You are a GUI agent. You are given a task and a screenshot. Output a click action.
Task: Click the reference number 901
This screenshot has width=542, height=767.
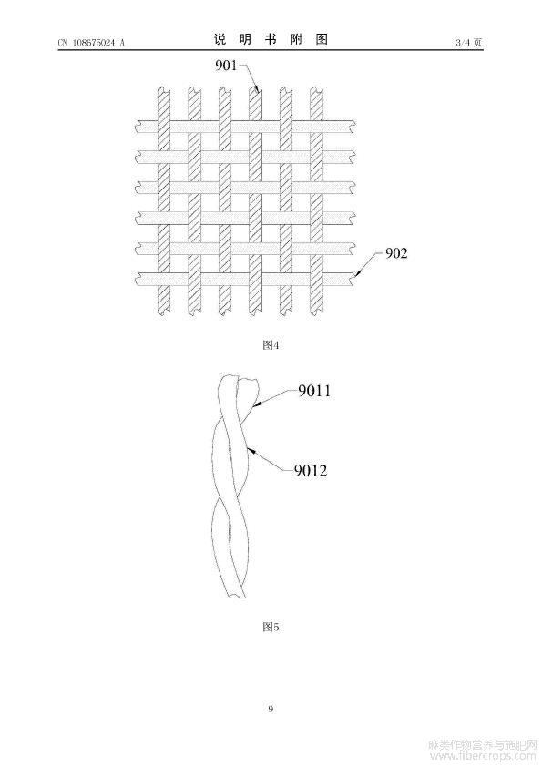[x=226, y=66]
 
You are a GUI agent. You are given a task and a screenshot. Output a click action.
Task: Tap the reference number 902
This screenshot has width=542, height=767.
[x=396, y=253]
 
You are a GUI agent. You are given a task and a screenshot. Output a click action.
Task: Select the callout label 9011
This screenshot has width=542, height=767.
[x=314, y=391]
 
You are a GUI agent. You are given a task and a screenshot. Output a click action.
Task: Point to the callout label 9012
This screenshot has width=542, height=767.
[x=310, y=471]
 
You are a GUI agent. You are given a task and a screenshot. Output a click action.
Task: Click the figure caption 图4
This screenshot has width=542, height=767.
[x=271, y=345]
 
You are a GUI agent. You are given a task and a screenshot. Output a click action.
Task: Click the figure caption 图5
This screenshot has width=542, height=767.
[x=271, y=627]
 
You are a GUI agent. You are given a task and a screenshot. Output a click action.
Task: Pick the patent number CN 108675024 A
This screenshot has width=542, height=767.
[x=91, y=43]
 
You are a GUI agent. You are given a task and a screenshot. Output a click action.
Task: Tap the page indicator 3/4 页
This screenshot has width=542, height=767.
[x=468, y=43]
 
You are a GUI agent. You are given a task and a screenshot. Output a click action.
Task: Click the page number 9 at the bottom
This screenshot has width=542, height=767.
[x=271, y=709]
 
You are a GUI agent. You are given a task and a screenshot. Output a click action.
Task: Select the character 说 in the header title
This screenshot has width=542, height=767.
[x=220, y=39]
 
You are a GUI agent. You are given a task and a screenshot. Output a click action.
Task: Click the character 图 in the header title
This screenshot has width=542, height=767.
[x=322, y=39]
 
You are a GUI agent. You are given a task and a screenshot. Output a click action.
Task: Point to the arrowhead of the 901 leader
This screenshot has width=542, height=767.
[x=257, y=90]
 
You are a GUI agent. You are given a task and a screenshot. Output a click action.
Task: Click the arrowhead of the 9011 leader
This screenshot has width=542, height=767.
[x=256, y=405]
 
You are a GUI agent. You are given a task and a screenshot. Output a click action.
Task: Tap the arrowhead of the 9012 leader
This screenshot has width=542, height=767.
[x=249, y=449]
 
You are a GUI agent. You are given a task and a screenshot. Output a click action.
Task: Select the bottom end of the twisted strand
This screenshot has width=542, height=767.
[x=236, y=595]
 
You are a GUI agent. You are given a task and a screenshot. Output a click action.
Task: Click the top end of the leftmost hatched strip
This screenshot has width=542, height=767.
[x=164, y=90]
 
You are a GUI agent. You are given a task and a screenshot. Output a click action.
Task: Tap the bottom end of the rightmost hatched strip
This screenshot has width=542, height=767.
[x=316, y=312]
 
